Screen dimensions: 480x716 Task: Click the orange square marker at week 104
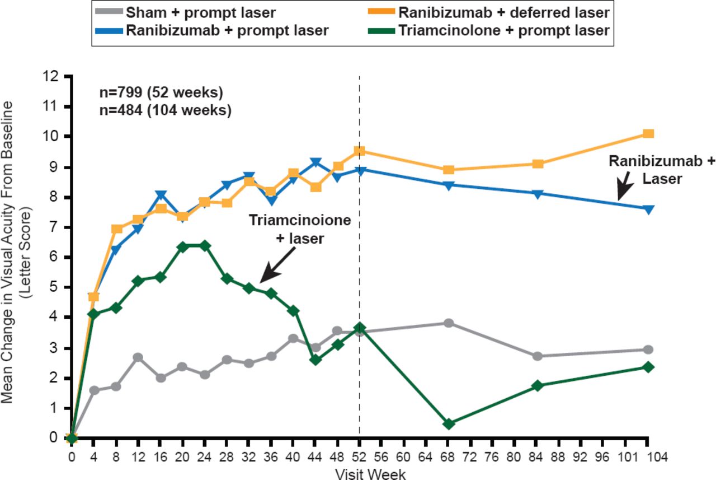(x=648, y=133)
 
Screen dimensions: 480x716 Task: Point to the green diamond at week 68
(x=448, y=424)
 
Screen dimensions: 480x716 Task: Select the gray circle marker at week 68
(x=448, y=323)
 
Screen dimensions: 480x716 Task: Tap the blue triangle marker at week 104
(x=648, y=209)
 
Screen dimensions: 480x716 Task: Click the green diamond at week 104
(x=648, y=367)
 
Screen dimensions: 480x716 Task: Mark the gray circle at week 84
(x=538, y=356)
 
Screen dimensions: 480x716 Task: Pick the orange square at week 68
(x=448, y=170)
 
